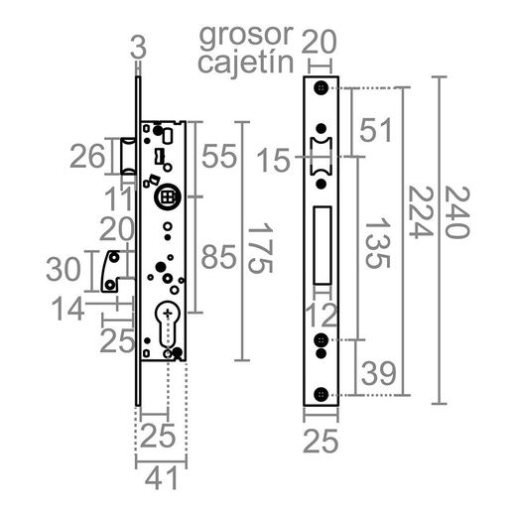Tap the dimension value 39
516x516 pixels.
click(378, 373)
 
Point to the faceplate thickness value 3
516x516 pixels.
click(138, 47)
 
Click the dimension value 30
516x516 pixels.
click(66, 270)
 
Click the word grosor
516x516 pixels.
click(245, 36)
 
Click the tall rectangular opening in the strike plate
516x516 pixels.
click(322, 243)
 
